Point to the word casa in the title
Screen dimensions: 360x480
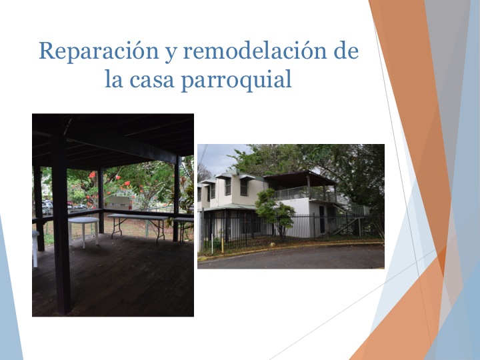(x=160, y=80)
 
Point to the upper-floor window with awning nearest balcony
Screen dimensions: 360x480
(x=244, y=187)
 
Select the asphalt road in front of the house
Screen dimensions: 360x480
(x=293, y=257)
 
